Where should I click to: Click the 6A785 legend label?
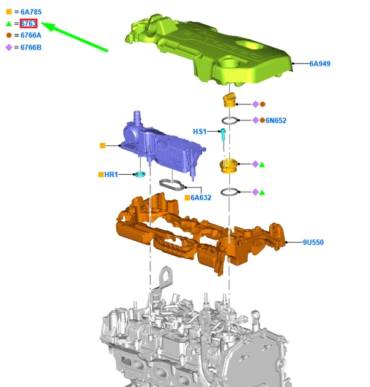[x=31, y=12]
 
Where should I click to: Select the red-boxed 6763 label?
[x=28, y=24]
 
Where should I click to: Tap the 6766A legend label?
[x=31, y=35]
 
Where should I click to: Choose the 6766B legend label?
[x=31, y=47]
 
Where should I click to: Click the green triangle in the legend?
[x=9, y=24]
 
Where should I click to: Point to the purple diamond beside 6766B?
[x=9, y=47]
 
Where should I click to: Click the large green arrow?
[x=74, y=37]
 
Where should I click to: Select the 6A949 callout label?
[x=320, y=63]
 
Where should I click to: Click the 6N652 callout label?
[x=276, y=120]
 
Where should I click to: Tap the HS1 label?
[x=200, y=132]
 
